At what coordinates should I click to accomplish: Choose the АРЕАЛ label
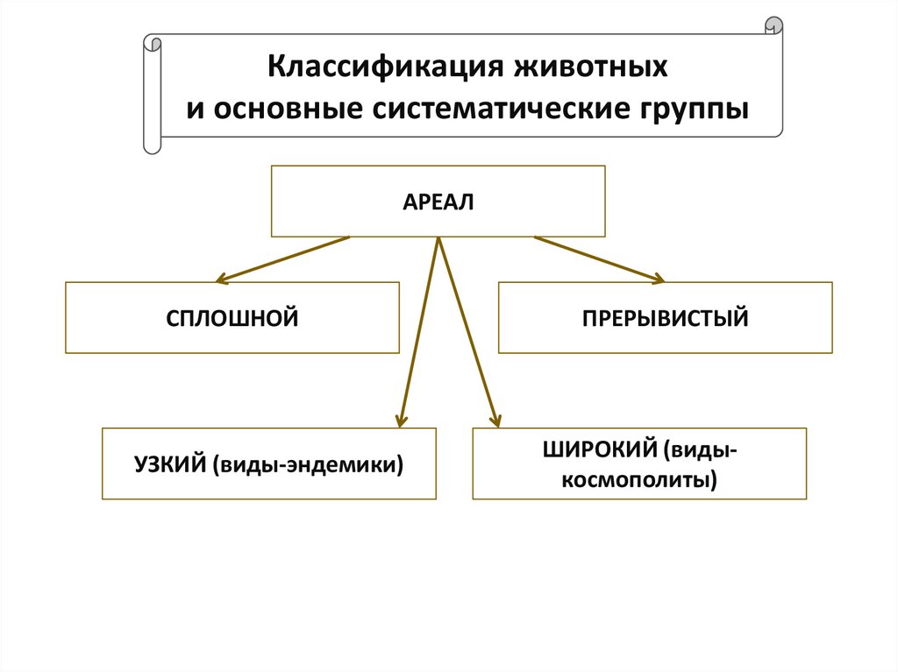click(x=438, y=202)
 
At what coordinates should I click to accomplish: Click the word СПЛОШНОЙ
click(x=232, y=317)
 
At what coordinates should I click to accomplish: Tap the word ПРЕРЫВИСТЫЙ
click(x=665, y=317)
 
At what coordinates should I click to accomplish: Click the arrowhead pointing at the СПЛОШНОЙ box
click(x=220, y=280)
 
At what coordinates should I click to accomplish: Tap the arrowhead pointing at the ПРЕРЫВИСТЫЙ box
click(x=659, y=279)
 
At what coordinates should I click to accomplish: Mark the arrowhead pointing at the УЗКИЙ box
click(x=401, y=421)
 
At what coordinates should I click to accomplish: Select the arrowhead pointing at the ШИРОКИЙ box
click(x=495, y=421)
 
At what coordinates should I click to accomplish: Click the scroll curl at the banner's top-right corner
click(x=773, y=25)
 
